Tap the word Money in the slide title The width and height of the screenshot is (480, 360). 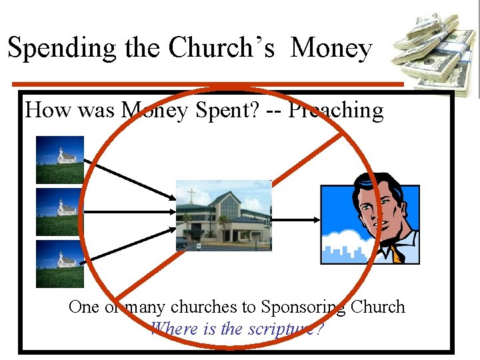tap(331, 48)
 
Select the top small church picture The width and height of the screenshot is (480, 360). tap(60, 159)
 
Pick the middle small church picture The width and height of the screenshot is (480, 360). tap(60, 212)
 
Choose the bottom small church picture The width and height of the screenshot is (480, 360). tap(60, 264)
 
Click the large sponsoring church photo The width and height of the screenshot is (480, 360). tap(223, 215)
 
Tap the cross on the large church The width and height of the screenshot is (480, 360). tap(192, 197)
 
